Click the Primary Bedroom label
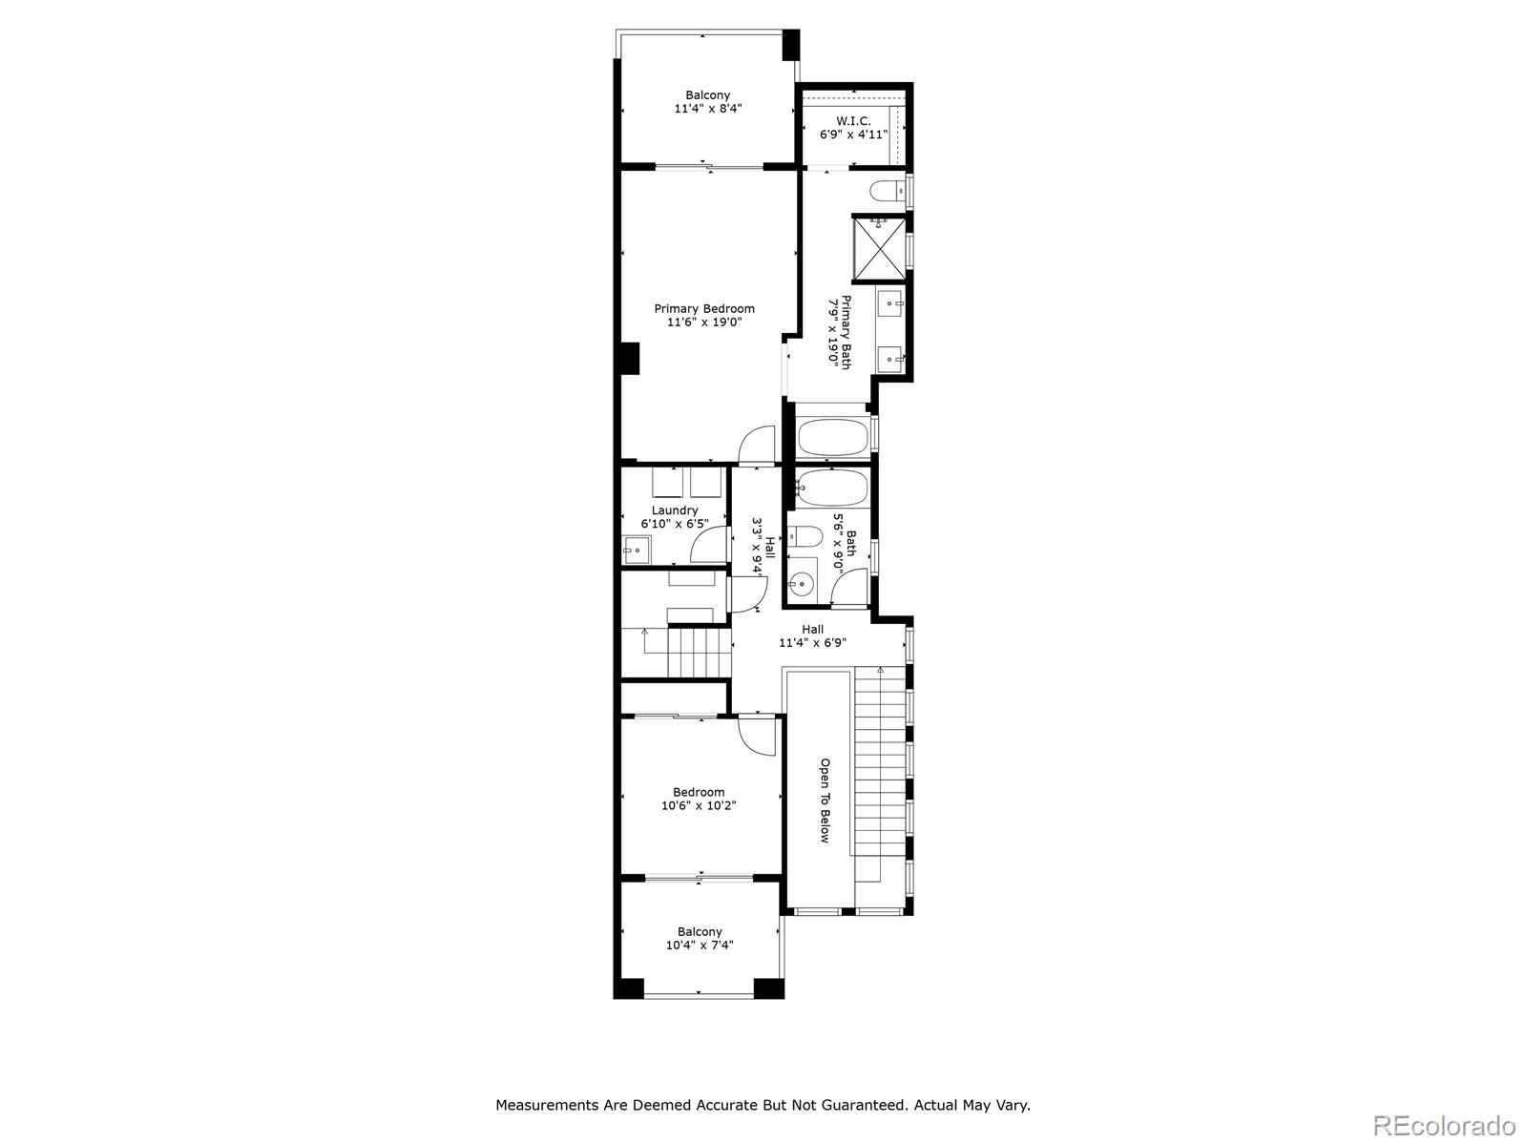(x=704, y=309)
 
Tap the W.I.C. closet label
(x=853, y=121)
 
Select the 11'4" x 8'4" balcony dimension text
(x=708, y=109)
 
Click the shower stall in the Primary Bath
(x=879, y=250)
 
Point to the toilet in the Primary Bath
(x=887, y=191)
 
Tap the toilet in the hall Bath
(x=805, y=537)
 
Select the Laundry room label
(x=675, y=510)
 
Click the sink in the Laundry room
(x=637, y=549)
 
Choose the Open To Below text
(x=826, y=801)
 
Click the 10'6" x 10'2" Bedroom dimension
(x=699, y=805)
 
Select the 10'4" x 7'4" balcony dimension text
(x=700, y=946)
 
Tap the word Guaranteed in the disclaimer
(x=859, y=1105)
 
